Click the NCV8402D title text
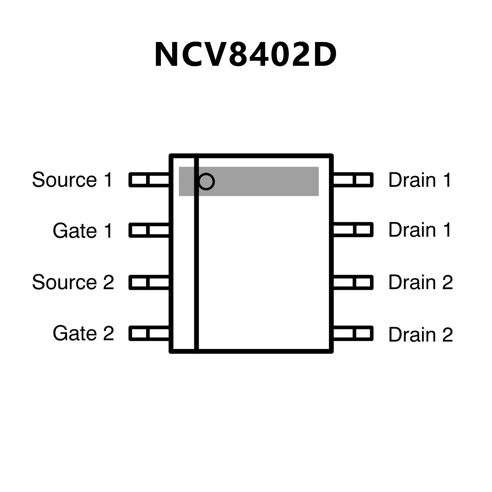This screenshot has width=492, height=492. pyautogui.click(x=246, y=54)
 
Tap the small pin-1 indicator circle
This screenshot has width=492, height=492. pyautogui.click(x=206, y=181)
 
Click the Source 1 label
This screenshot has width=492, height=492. pyautogui.click(x=72, y=180)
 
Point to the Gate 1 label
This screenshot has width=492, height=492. pyautogui.click(x=83, y=230)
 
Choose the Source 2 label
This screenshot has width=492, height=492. pyautogui.click(x=73, y=282)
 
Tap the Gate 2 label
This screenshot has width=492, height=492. pyautogui.click(x=83, y=333)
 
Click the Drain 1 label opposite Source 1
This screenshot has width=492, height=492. pyautogui.click(x=420, y=180)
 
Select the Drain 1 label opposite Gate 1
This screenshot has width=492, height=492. pyautogui.click(x=420, y=230)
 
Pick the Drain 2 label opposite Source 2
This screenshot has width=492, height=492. pyautogui.click(x=421, y=282)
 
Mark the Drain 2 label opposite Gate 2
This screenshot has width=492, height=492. pyautogui.click(x=421, y=335)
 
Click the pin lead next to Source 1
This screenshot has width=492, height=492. pyautogui.click(x=149, y=180)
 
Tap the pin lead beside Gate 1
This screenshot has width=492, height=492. pyautogui.click(x=149, y=230)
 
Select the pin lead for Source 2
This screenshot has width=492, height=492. pyautogui.click(x=149, y=282)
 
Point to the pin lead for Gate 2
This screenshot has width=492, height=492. pyautogui.click(x=149, y=333)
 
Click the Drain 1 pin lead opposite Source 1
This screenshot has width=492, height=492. pyautogui.click(x=353, y=180)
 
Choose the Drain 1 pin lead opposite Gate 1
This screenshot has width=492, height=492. pyautogui.click(x=353, y=230)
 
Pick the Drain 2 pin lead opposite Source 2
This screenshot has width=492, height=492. pyautogui.click(x=353, y=282)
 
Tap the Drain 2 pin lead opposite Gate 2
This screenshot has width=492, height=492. pyautogui.click(x=353, y=333)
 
